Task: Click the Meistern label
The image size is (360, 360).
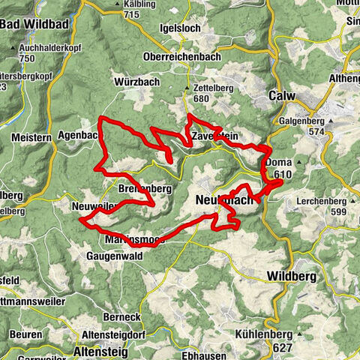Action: point(31,137)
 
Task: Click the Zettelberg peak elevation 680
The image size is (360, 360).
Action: point(198,97)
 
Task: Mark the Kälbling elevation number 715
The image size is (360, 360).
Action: point(133,15)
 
